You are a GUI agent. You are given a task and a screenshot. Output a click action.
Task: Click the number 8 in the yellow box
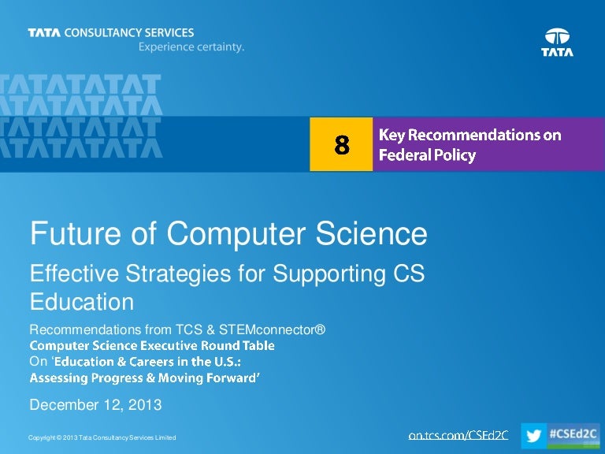click(x=341, y=144)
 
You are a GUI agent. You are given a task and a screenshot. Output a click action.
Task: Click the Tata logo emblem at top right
click(x=557, y=36)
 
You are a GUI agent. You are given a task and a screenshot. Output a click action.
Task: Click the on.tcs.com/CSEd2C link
click(x=459, y=435)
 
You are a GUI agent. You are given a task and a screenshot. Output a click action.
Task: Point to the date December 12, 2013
click(x=95, y=406)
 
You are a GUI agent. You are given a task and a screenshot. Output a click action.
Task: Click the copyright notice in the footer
click(x=102, y=437)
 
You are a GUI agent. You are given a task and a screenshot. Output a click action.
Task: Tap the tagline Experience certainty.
click(x=191, y=47)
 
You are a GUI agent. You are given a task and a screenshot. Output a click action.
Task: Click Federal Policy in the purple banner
click(x=428, y=155)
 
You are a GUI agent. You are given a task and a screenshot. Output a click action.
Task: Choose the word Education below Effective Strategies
click(x=81, y=302)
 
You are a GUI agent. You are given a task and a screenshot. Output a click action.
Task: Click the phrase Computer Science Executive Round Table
click(x=152, y=345)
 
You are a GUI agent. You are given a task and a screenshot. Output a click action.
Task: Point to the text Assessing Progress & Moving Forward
click(x=145, y=378)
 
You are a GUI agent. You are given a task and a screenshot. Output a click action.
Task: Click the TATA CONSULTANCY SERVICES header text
click(x=110, y=33)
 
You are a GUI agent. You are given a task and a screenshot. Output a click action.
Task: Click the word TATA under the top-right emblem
click(x=557, y=53)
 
